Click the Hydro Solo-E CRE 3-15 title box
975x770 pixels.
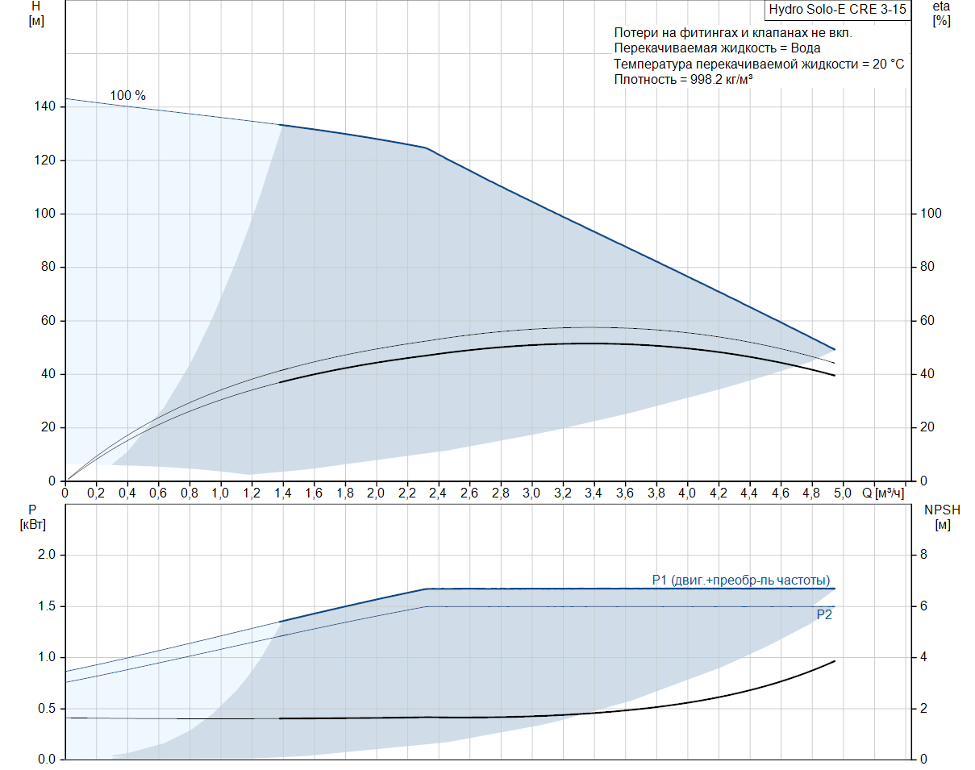click(x=837, y=10)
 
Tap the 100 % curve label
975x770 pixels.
click(x=127, y=96)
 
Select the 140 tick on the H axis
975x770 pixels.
click(x=45, y=106)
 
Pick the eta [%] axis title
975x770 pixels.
click(x=941, y=14)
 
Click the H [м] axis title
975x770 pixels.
click(x=35, y=14)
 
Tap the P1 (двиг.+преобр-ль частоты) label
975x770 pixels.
click(x=740, y=580)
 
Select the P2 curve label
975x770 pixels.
click(x=823, y=614)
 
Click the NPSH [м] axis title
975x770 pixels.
click(x=942, y=518)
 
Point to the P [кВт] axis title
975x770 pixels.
click(x=33, y=518)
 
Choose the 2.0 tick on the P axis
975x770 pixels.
click(x=46, y=555)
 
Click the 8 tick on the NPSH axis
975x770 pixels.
click(x=924, y=555)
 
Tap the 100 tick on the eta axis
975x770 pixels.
click(x=931, y=214)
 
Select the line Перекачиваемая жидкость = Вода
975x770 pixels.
click(x=706, y=48)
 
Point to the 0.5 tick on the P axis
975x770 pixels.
click(x=46, y=709)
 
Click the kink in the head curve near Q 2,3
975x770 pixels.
click(x=425, y=148)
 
